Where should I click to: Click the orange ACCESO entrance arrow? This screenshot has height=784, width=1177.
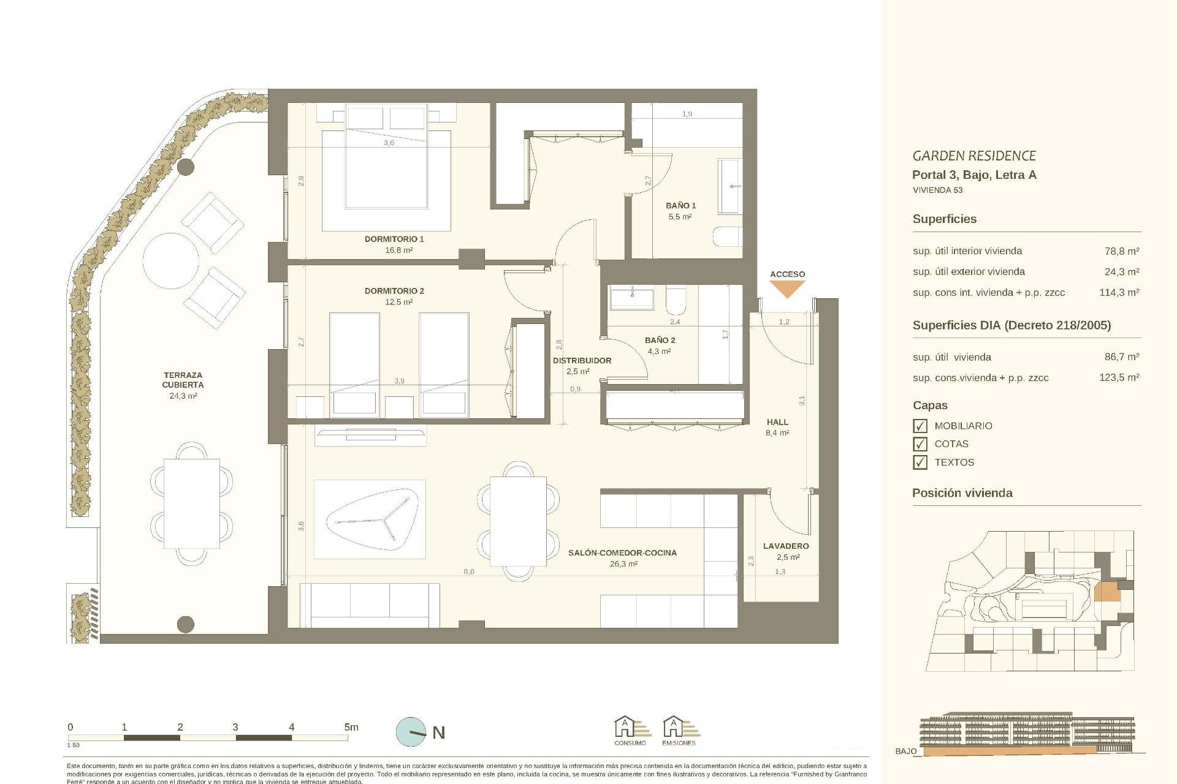[787, 288]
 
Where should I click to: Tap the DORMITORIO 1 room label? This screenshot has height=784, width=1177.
[394, 239]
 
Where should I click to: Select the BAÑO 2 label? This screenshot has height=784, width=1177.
[660, 340]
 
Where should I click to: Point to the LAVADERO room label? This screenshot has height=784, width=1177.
[786, 546]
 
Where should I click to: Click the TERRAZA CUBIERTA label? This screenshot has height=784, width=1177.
[183, 380]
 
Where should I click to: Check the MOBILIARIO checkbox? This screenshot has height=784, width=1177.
[920, 426]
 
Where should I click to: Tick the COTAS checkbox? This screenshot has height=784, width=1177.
[920, 444]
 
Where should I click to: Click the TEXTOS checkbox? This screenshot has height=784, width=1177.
[920, 462]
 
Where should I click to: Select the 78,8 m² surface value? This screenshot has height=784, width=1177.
[1121, 251]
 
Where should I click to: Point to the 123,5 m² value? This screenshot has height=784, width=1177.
[1119, 378]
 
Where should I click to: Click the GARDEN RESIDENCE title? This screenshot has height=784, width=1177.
[973, 156]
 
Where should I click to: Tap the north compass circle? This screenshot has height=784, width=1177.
[411, 732]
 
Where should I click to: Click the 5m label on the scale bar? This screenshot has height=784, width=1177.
[351, 727]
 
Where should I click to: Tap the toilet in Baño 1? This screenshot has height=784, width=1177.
[728, 236]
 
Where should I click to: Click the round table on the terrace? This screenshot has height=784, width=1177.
[171, 260]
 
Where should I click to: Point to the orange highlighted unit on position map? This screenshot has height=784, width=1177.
[1107, 592]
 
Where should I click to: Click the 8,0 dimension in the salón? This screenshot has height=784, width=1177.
[468, 571]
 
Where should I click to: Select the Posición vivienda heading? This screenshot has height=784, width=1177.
[962, 493]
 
